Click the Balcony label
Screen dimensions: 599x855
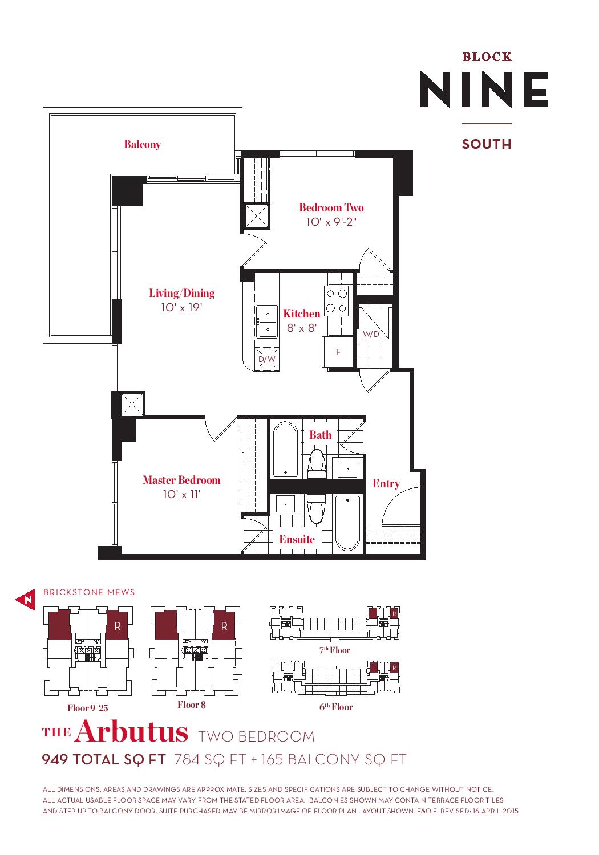(x=142, y=144)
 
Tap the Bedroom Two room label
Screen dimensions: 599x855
(x=331, y=207)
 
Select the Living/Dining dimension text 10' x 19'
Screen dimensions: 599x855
(x=181, y=307)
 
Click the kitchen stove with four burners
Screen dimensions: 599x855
(x=336, y=301)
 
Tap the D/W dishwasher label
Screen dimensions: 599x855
(x=266, y=359)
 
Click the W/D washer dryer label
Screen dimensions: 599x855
(x=371, y=334)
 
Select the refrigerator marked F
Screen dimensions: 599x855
(x=338, y=352)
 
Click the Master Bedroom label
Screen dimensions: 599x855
(x=181, y=480)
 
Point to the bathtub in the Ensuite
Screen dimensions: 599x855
(x=347, y=523)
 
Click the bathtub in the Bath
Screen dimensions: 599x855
(x=285, y=449)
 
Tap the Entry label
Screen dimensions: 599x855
(x=386, y=483)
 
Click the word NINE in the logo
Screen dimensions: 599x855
(x=484, y=89)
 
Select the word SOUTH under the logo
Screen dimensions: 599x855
(x=487, y=144)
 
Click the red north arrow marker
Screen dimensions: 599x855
(x=26, y=600)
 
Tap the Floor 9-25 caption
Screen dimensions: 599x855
(x=87, y=708)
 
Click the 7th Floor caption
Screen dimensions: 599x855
(x=335, y=650)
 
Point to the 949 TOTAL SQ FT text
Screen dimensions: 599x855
(x=104, y=760)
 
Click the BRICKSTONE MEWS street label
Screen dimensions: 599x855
(x=89, y=592)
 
